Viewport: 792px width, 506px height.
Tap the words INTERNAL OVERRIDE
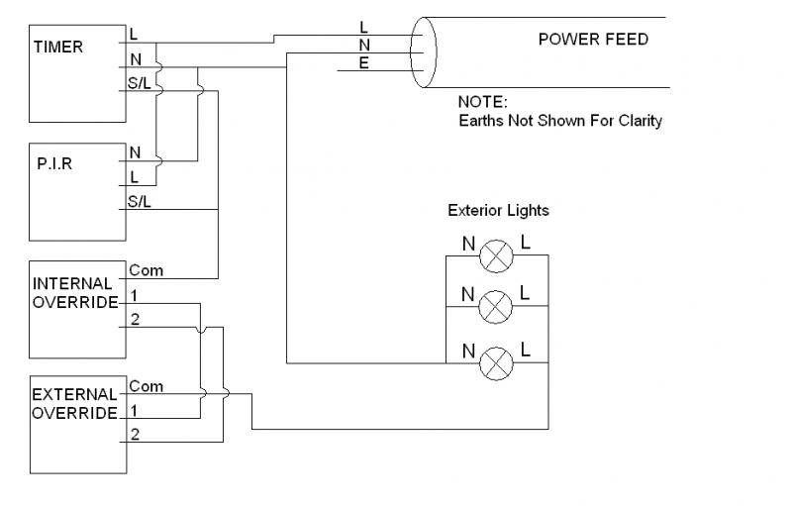coord(73,292)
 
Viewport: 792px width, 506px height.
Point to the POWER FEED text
coord(593,40)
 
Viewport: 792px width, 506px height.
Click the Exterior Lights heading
coord(498,211)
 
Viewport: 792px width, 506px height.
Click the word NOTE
coord(482,102)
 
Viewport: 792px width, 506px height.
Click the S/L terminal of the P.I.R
coord(139,202)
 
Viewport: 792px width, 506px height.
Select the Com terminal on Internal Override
coord(146,270)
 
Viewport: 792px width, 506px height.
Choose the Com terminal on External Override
coord(146,386)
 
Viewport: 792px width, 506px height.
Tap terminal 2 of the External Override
coord(135,434)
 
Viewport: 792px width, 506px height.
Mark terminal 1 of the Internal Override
coord(134,295)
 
